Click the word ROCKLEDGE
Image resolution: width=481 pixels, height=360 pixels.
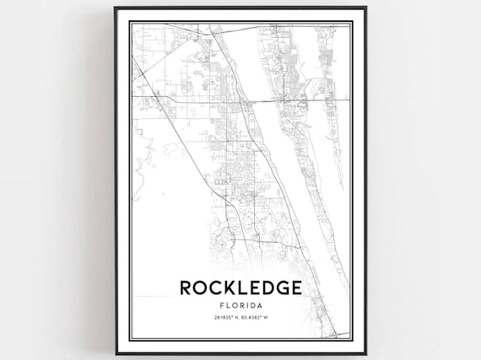click(x=240, y=287)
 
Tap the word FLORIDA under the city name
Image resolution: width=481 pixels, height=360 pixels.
click(x=240, y=304)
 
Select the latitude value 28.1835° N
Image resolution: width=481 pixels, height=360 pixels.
click(x=224, y=318)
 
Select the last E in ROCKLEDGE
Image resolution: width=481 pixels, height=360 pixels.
click(x=295, y=287)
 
